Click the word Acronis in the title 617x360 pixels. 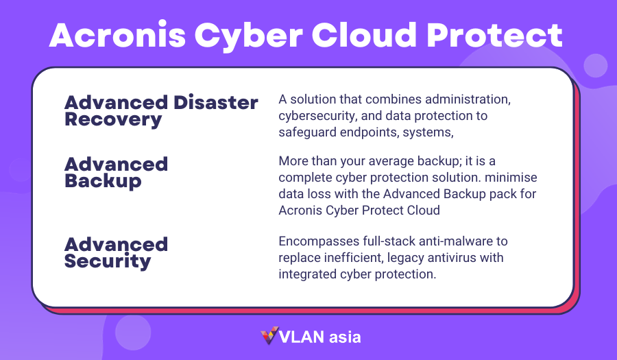coord(117,36)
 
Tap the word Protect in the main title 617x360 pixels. coord(494,36)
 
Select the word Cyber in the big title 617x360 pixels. coord(249,36)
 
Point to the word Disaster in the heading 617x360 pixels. coord(216,103)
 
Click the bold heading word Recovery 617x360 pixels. coord(113,120)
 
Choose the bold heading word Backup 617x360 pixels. coord(103,182)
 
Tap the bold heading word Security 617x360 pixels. coord(108,262)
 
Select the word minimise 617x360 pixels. coord(511,177)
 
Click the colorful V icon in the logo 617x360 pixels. coord(269,335)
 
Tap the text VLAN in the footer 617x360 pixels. coord(302,337)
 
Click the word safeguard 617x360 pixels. coord(307,132)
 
